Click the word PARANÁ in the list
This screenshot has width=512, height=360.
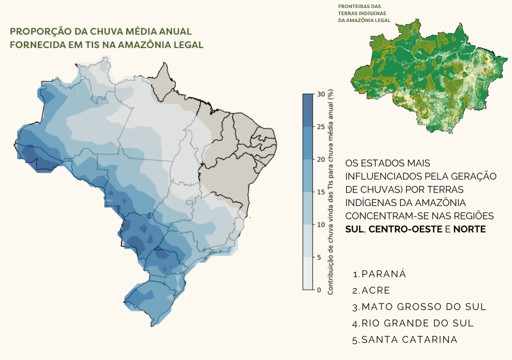coord(383,274)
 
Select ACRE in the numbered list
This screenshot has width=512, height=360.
coord(375,290)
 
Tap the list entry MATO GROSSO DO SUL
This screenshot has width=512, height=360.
coord(424,306)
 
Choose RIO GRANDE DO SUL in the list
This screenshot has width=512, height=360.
coord(417,323)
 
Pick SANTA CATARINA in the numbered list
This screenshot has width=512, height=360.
coord(409,339)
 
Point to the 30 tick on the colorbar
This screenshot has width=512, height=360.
coord(320,94)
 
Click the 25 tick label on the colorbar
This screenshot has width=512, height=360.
coord(320,127)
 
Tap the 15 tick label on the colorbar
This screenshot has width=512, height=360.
coord(320,192)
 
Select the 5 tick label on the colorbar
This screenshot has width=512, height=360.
coord(319,257)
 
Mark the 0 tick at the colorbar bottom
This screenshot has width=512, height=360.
coord(319,289)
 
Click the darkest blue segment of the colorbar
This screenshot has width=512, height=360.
coord(307,110)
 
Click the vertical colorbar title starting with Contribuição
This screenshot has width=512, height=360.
coord(330,192)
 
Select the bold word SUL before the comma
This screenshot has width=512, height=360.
coord(354,229)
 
